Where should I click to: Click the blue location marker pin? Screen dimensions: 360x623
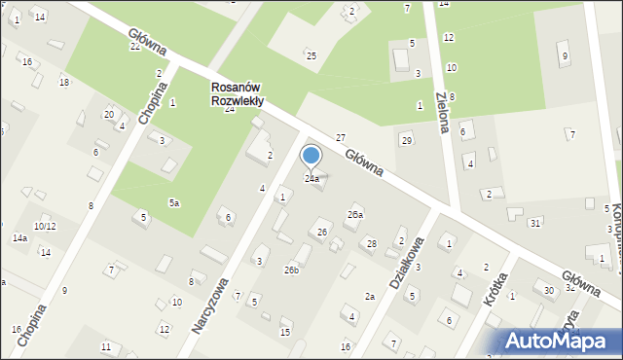(x=311, y=157)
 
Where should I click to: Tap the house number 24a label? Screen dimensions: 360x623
(x=311, y=179)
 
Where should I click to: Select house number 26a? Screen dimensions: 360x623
(x=355, y=214)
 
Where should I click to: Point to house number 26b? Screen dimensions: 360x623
(x=291, y=270)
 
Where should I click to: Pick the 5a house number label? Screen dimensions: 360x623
(x=174, y=202)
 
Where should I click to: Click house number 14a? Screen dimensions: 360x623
(x=19, y=237)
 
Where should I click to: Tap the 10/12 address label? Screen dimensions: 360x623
(x=44, y=226)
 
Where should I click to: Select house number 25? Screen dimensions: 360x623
(x=311, y=55)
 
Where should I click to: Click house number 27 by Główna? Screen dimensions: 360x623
(x=341, y=138)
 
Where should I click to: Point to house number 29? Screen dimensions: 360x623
(x=406, y=141)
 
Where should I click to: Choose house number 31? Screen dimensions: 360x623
(x=535, y=224)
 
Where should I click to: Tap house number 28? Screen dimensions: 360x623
(x=371, y=243)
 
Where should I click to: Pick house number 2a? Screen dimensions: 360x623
(x=370, y=296)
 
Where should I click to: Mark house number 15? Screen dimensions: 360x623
(x=285, y=333)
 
